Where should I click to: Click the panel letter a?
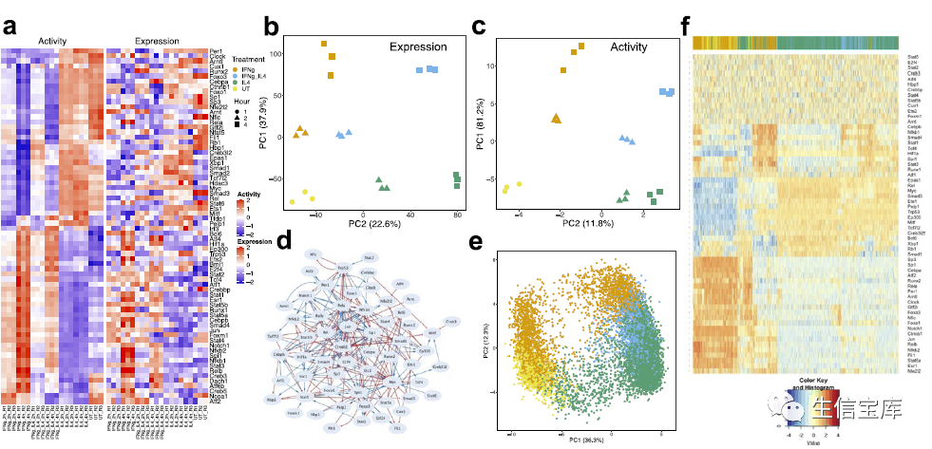(10, 26)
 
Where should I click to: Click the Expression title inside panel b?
(417, 47)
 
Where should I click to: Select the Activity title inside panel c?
(628, 47)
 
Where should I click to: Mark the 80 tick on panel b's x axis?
(457, 215)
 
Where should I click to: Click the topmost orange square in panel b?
(324, 44)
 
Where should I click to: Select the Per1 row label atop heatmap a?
(217, 50)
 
